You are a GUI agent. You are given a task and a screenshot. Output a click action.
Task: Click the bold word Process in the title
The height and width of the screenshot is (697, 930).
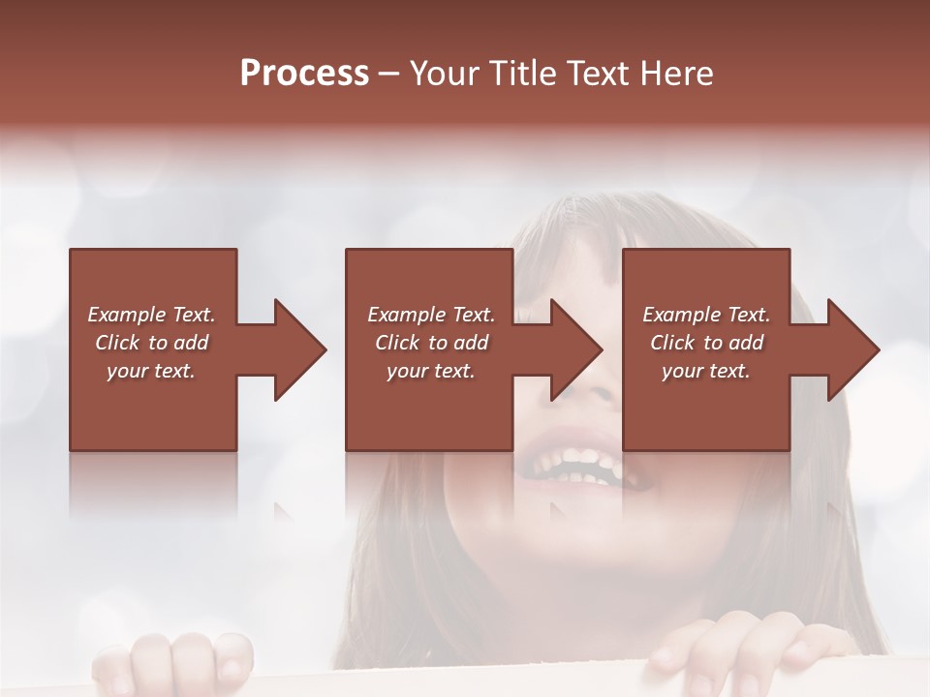(x=304, y=74)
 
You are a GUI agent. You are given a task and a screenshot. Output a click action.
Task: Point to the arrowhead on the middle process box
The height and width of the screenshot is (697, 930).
(x=571, y=349)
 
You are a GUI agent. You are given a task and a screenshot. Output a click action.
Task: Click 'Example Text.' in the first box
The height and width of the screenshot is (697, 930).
(x=151, y=315)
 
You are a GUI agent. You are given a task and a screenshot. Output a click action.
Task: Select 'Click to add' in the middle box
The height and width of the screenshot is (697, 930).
(x=431, y=343)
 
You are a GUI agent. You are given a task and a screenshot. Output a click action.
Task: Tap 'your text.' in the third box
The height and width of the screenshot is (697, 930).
(x=706, y=371)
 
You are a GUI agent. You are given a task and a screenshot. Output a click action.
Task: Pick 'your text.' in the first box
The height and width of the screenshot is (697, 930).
(x=151, y=371)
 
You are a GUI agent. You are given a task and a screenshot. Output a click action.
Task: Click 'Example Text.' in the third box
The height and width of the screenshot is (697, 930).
(x=706, y=315)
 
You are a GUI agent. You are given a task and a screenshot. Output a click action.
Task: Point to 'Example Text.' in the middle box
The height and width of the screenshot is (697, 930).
(x=431, y=315)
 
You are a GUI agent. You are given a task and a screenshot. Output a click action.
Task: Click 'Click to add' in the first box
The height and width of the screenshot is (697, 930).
(x=151, y=343)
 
